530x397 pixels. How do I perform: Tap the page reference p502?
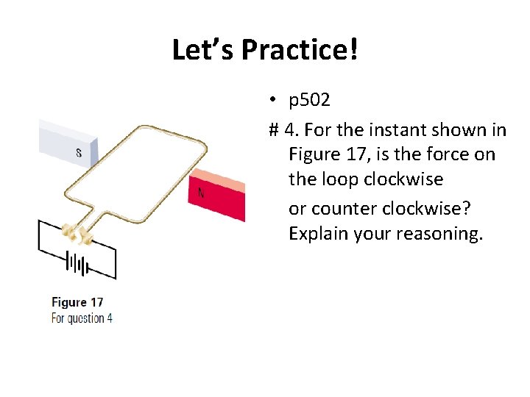point(309,100)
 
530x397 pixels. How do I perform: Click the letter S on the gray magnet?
point(78,154)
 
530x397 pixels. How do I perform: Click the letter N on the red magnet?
point(200,193)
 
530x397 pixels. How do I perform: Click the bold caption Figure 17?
point(78,302)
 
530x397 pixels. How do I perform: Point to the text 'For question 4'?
point(82,318)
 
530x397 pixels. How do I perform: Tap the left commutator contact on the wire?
point(70,232)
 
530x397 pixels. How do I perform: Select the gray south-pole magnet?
point(66,143)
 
